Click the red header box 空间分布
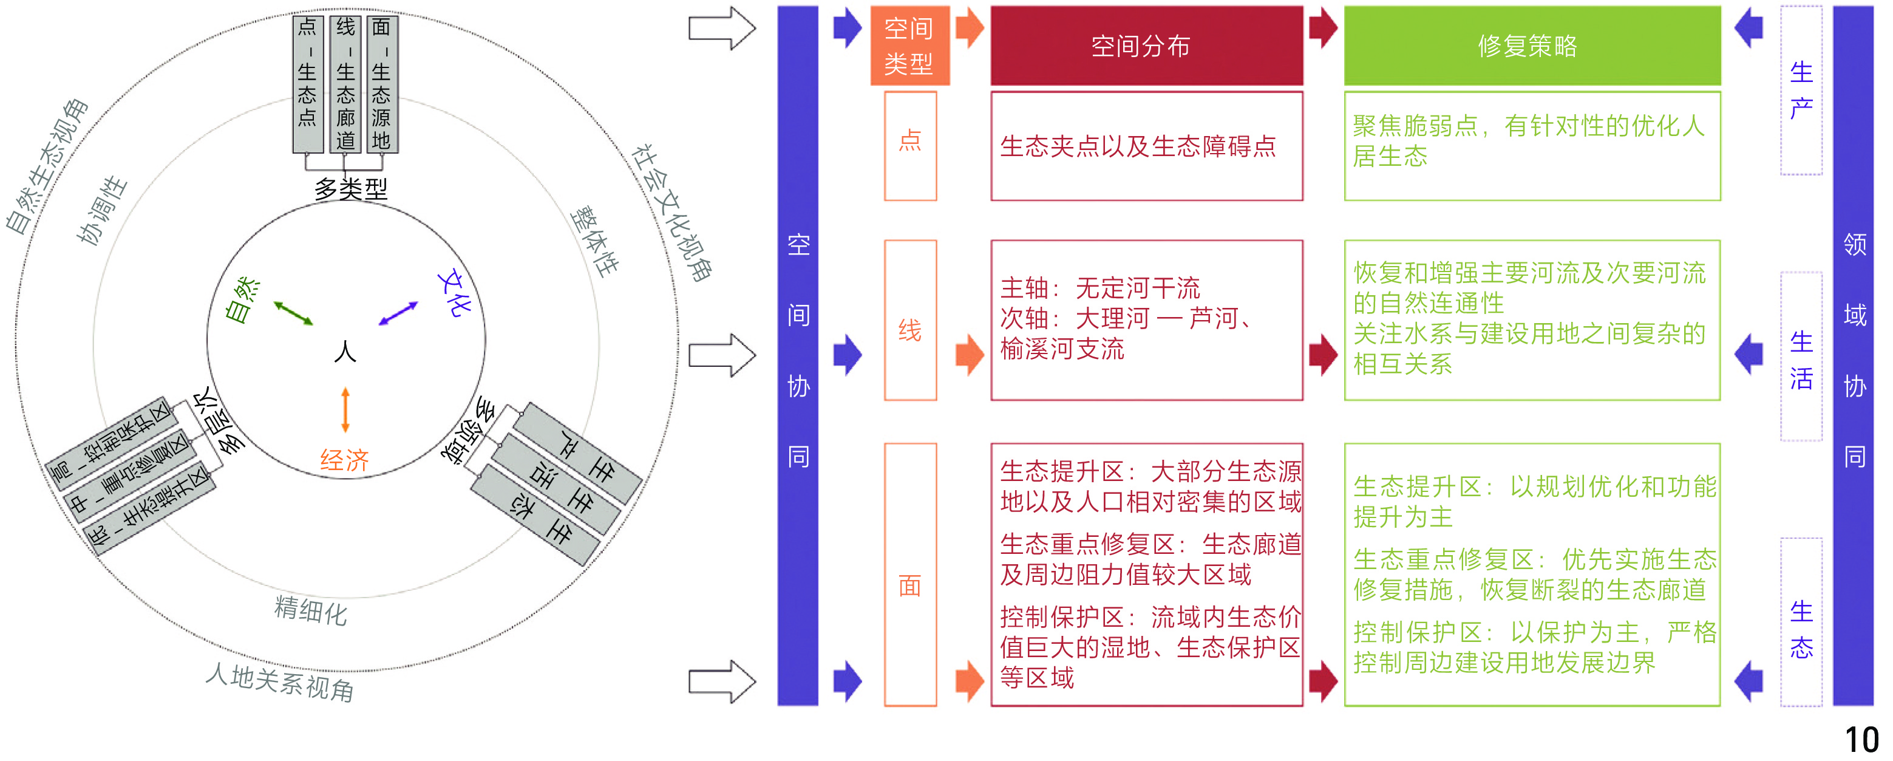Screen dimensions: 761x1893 pyautogui.click(x=1146, y=46)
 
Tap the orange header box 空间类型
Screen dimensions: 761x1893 pyautogui.click(x=909, y=46)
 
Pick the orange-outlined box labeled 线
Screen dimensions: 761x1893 pyautogui.click(x=909, y=321)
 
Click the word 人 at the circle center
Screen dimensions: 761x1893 pyautogui.click(x=345, y=352)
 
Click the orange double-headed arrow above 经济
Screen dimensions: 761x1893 pyautogui.click(x=345, y=409)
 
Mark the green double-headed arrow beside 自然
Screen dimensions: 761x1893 pyautogui.click(x=293, y=313)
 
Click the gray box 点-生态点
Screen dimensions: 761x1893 pyautogui.click(x=308, y=83)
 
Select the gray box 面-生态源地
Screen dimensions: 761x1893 pyautogui.click(x=381, y=83)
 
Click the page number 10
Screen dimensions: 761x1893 pyautogui.click(x=1861, y=740)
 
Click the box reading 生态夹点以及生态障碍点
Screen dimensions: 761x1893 pyautogui.click(x=1146, y=146)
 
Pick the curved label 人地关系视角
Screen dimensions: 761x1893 pyautogui.click(x=280, y=681)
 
